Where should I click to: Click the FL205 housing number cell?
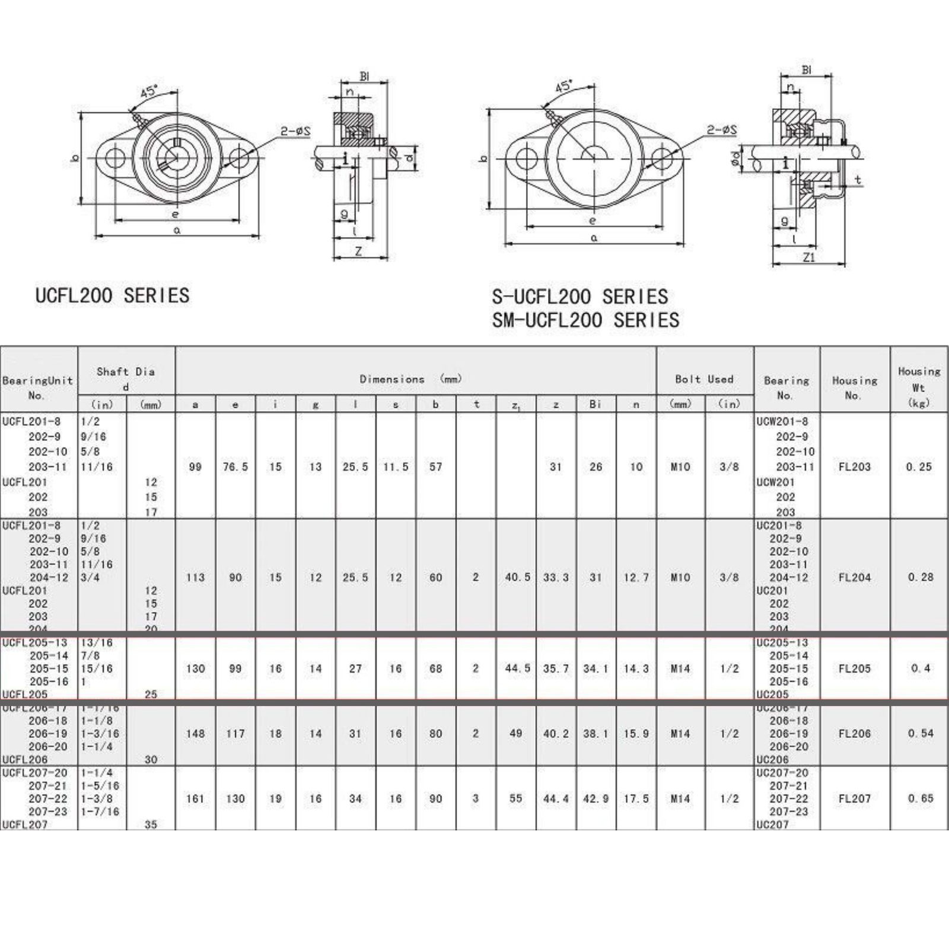[x=854, y=668]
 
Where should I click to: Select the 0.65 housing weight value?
[x=920, y=798]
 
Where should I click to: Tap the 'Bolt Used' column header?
[x=704, y=379]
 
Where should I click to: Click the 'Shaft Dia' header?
[x=126, y=372]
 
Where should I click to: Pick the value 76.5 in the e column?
[x=235, y=467]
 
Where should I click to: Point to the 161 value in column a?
[x=195, y=798]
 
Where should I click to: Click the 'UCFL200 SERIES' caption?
[x=112, y=295]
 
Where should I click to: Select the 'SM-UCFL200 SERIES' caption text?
[x=585, y=320]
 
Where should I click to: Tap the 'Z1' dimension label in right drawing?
[x=808, y=257]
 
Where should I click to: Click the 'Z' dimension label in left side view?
[x=358, y=251]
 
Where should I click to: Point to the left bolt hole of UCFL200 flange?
[x=114, y=158]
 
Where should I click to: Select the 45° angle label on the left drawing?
[x=149, y=92]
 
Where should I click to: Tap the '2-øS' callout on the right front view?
[x=722, y=130]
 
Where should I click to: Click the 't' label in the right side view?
[x=858, y=180]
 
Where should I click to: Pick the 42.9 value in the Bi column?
[x=595, y=798]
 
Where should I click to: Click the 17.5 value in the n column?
[x=636, y=798]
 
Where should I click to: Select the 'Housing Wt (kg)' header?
[x=919, y=387]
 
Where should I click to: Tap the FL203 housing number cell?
[x=854, y=467]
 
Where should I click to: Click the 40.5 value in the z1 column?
[x=517, y=577]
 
